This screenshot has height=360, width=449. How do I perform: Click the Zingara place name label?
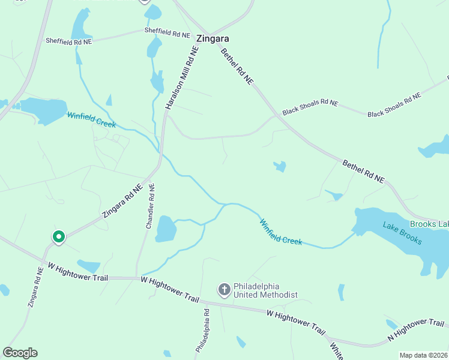[213, 39]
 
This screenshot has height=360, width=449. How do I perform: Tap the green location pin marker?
[59, 238]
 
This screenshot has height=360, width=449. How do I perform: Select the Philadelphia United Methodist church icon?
[224, 290]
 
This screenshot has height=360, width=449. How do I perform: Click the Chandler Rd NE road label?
[151, 206]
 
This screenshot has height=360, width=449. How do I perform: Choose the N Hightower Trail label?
[415, 329]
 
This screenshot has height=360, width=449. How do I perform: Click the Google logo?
[20, 353]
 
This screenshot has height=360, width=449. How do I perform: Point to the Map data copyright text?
[423, 355]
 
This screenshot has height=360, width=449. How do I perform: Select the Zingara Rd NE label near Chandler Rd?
[122, 200]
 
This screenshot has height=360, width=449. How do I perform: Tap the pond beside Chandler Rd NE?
[166, 229]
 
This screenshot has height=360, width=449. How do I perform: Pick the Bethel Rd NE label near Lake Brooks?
[363, 171]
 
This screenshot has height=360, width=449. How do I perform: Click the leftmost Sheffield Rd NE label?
[69, 41]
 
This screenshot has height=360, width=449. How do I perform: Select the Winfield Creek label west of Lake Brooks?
[280, 232]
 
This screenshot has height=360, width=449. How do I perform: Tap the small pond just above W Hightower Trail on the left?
[89, 265]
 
